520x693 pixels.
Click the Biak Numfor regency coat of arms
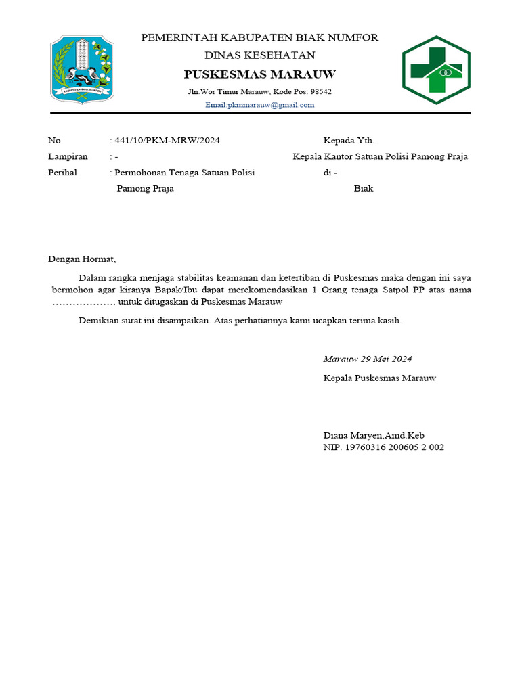tap(82, 69)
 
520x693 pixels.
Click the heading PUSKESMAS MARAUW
tap(260, 74)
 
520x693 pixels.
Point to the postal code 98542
tap(321, 91)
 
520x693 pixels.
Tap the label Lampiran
tap(68, 156)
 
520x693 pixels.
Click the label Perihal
tap(62, 173)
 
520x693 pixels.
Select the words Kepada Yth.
tap(349, 141)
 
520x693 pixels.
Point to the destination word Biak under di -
tap(364, 189)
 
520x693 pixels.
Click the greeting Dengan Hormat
tap(82, 259)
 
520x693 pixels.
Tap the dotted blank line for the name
tap(84, 303)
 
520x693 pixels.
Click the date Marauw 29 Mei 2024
tap(368, 359)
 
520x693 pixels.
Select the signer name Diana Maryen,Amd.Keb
tap(374, 435)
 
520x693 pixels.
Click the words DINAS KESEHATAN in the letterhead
tap(260, 55)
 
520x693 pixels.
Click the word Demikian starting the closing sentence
tap(99, 321)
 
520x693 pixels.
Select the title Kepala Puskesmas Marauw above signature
tap(380, 378)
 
